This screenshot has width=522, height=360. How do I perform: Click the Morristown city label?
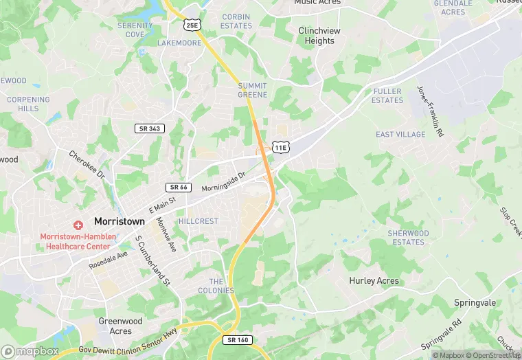(120, 222)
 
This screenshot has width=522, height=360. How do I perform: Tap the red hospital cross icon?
(78, 225)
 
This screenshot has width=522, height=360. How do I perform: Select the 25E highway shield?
(192, 25)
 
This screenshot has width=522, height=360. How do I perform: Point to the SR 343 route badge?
(149, 128)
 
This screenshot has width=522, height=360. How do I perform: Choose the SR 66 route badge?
(178, 187)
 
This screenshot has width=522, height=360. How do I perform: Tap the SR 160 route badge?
(237, 339)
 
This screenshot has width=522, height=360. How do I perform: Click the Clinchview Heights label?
(317, 36)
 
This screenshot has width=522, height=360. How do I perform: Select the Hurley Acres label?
(374, 281)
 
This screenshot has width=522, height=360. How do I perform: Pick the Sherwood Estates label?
(408, 238)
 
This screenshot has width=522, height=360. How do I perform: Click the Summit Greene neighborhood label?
(252, 90)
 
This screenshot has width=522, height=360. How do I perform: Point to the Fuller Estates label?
(387, 95)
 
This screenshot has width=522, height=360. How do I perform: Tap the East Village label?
(400, 135)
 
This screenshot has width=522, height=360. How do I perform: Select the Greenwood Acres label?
(120, 326)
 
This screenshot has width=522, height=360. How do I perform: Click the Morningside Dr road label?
(223, 182)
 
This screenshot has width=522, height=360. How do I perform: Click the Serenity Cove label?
(135, 30)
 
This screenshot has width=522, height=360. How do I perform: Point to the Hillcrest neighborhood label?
(198, 221)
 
